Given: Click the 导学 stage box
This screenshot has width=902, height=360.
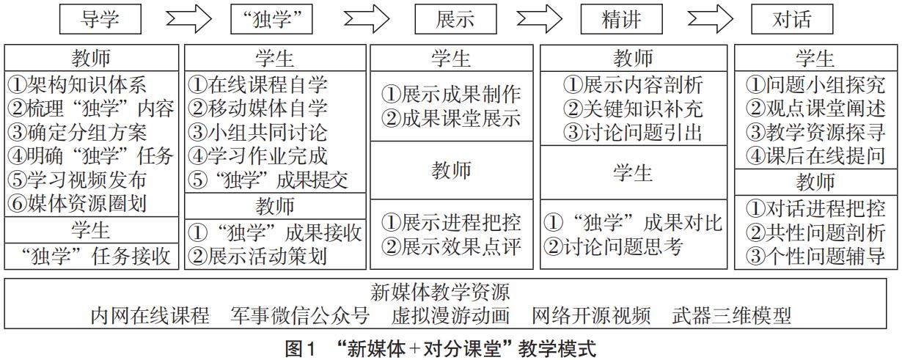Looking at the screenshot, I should click(100, 19).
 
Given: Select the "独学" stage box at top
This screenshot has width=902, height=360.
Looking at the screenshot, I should click(276, 19).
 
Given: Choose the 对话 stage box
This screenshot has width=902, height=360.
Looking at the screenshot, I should click(792, 19).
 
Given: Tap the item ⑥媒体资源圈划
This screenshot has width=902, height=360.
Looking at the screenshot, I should click(77, 203).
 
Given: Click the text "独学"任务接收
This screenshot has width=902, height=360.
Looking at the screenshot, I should click(92, 256).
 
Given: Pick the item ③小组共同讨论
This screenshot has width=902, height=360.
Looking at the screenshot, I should click(258, 133).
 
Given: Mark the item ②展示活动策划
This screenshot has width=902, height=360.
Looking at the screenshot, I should click(258, 256).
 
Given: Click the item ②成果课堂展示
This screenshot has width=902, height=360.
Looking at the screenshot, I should click(452, 117).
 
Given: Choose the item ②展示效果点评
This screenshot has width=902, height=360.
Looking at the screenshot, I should click(452, 246).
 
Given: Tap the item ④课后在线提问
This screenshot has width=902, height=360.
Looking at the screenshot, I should click(815, 155).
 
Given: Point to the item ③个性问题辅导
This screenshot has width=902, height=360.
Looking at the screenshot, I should click(815, 256).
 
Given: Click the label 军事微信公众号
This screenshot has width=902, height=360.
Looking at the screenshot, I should click(301, 316).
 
